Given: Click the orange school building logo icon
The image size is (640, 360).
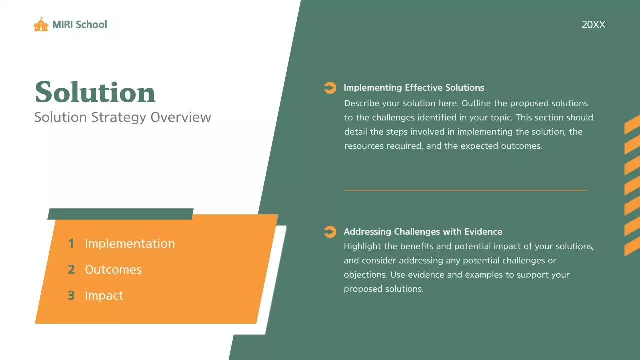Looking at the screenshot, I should (x=41, y=25).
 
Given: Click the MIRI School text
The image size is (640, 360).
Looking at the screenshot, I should (x=80, y=25).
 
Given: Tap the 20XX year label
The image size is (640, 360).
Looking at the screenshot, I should (x=593, y=25).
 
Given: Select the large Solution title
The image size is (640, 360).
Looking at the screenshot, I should (x=95, y=93).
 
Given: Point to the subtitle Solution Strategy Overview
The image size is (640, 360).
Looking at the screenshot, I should (x=123, y=118).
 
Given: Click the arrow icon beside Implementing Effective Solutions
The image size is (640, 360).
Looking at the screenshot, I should (x=330, y=88).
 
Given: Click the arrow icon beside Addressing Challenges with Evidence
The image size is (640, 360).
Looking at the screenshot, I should (x=330, y=232).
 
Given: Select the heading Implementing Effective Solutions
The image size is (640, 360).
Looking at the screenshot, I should (x=414, y=88).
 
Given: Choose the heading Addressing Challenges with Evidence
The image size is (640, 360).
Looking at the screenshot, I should (x=423, y=232).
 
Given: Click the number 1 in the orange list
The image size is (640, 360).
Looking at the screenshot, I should (x=71, y=244).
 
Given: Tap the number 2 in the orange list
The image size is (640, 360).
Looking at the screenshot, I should (x=71, y=270).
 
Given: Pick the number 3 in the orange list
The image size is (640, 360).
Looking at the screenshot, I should (x=71, y=296).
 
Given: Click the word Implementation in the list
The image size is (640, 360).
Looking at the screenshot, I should (x=130, y=244).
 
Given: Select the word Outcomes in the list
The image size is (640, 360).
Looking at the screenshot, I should (x=113, y=270).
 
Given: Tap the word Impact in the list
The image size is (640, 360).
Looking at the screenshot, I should (x=104, y=296).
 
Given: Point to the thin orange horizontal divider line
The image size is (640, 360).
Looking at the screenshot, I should (x=466, y=190).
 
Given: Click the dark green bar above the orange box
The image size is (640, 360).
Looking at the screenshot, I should (x=120, y=214).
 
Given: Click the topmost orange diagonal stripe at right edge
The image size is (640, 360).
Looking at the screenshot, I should (x=632, y=124).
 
